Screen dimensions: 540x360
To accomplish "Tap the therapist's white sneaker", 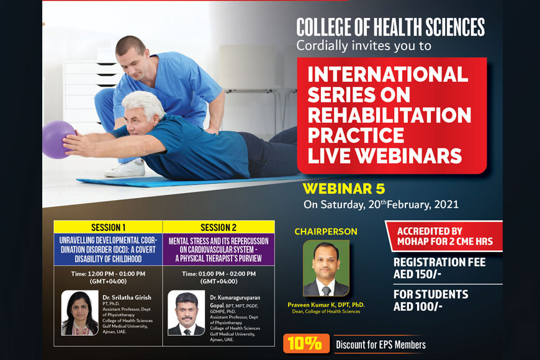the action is [x=125, y=168].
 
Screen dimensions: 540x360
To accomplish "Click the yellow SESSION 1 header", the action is [x=108, y=227].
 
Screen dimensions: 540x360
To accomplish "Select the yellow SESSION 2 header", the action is [x=218, y=227].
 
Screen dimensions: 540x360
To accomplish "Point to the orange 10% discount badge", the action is [x=306, y=343].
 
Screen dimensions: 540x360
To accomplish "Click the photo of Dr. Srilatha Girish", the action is [x=80, y=313].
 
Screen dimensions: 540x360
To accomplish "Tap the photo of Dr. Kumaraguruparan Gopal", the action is [x=186, y=313].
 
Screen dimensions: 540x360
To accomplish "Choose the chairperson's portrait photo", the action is [x=326, y=268].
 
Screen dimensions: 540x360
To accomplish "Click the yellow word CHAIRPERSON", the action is [x=326, y=232].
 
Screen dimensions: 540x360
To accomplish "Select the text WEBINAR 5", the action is [x=344, y=189].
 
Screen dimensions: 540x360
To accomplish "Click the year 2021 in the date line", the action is [x=446, y=204].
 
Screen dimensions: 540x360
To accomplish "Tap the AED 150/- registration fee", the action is [x=417, y=274].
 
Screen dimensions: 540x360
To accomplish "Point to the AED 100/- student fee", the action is [x=418, y=306].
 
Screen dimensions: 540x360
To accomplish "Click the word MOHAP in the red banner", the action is [x=413, y=241].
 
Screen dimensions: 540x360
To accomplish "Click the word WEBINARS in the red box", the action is [x=408, y=156].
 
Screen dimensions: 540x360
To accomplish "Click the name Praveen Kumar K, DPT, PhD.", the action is [x=326, y=305].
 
